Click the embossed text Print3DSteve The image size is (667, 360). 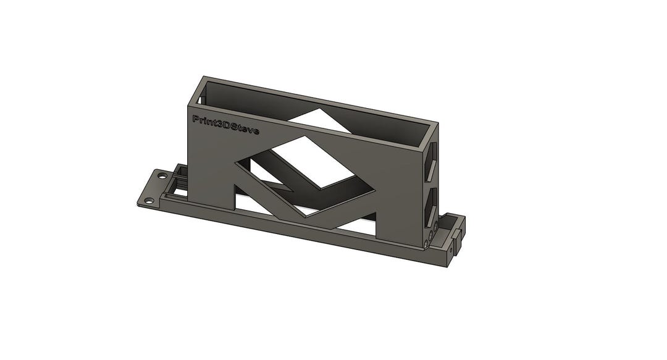pyautogui.click(x=226, y=125)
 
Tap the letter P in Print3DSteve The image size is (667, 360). pyautogui.click(x=195, y=119)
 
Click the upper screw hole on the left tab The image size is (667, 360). pyautogui.click(x=162, y=176)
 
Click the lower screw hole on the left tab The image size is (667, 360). pyautogui.click(x=148, y=201)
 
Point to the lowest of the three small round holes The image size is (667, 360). pyautogui.click(x=426, y=245)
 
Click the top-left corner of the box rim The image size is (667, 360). pyautogui.click(x=203, y=78)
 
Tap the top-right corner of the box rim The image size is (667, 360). pyautogui.click(x=437, y=123)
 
